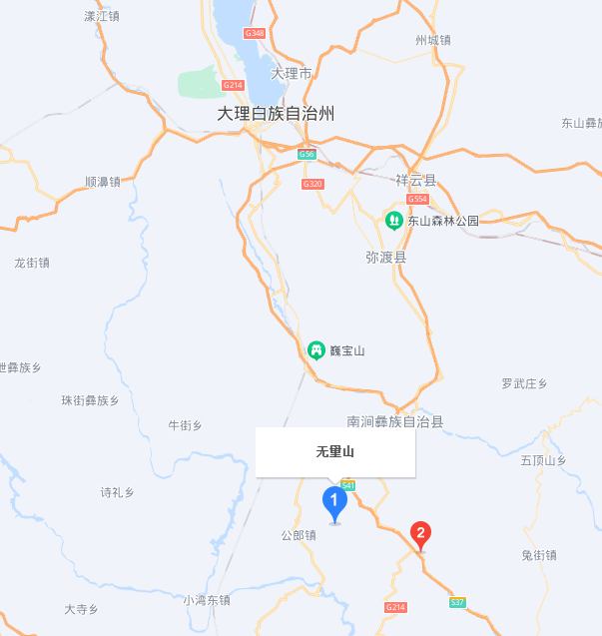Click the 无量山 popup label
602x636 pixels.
click(335, 452)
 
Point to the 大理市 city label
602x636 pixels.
click(292, 73)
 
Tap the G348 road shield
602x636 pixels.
click(254, 34)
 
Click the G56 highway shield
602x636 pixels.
click(306, 154)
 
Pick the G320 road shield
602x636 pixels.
click(312, 184)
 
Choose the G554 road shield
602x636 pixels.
click(417, 200)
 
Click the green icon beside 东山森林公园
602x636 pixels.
click(394, 221)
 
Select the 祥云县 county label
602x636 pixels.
click(415, 181)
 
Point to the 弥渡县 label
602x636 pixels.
click(385, 257)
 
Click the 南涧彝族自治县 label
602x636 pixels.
click(394, 422)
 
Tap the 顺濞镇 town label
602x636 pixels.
click(103, 182)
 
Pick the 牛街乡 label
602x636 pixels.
click(185, 425)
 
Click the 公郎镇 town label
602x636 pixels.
click(298, 535)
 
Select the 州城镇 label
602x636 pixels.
click(432, 40)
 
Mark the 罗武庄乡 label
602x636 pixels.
click(525, 383)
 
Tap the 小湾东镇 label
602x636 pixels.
click(207, 600)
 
